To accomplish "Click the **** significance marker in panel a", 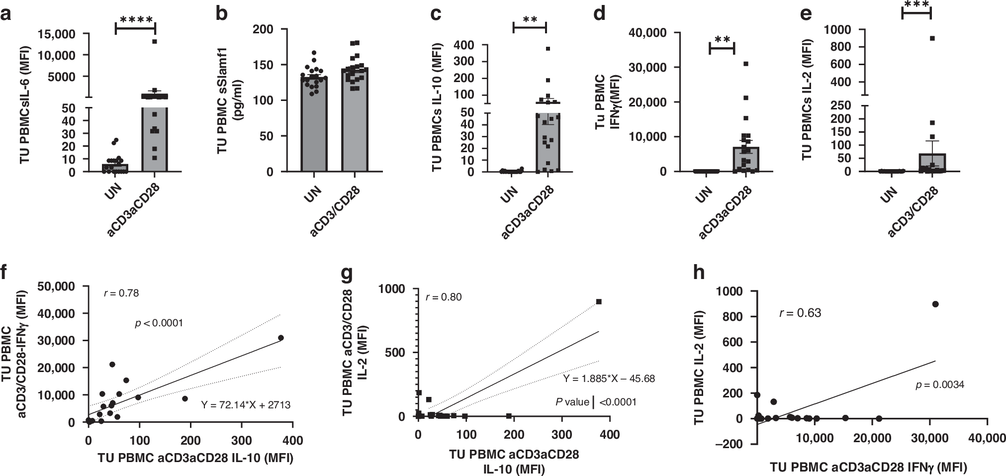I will (x=135, y=20).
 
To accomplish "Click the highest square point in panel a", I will (x=155, y=41).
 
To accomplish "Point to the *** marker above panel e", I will (x=916, y=4).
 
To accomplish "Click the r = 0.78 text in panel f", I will (x=121, y=293).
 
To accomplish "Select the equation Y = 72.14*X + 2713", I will (x=246, y=405).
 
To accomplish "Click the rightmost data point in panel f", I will (x=281, y=338).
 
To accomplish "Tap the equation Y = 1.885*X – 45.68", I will (x=609, y=379).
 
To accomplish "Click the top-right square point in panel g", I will (x=599, y=301).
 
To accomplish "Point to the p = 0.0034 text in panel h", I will (x=939, y=384).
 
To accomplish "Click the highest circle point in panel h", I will (x=935, y=304).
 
